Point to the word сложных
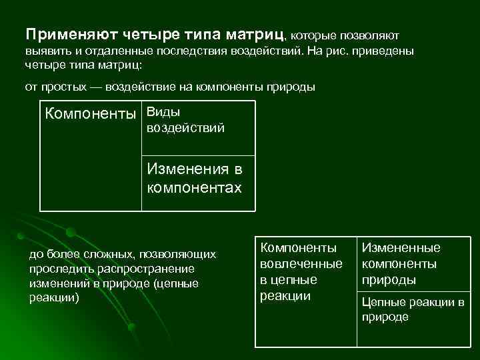[93, 254]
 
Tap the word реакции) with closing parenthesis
[54, 297]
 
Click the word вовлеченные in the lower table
[301, 264]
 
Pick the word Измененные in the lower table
[401, 248]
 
